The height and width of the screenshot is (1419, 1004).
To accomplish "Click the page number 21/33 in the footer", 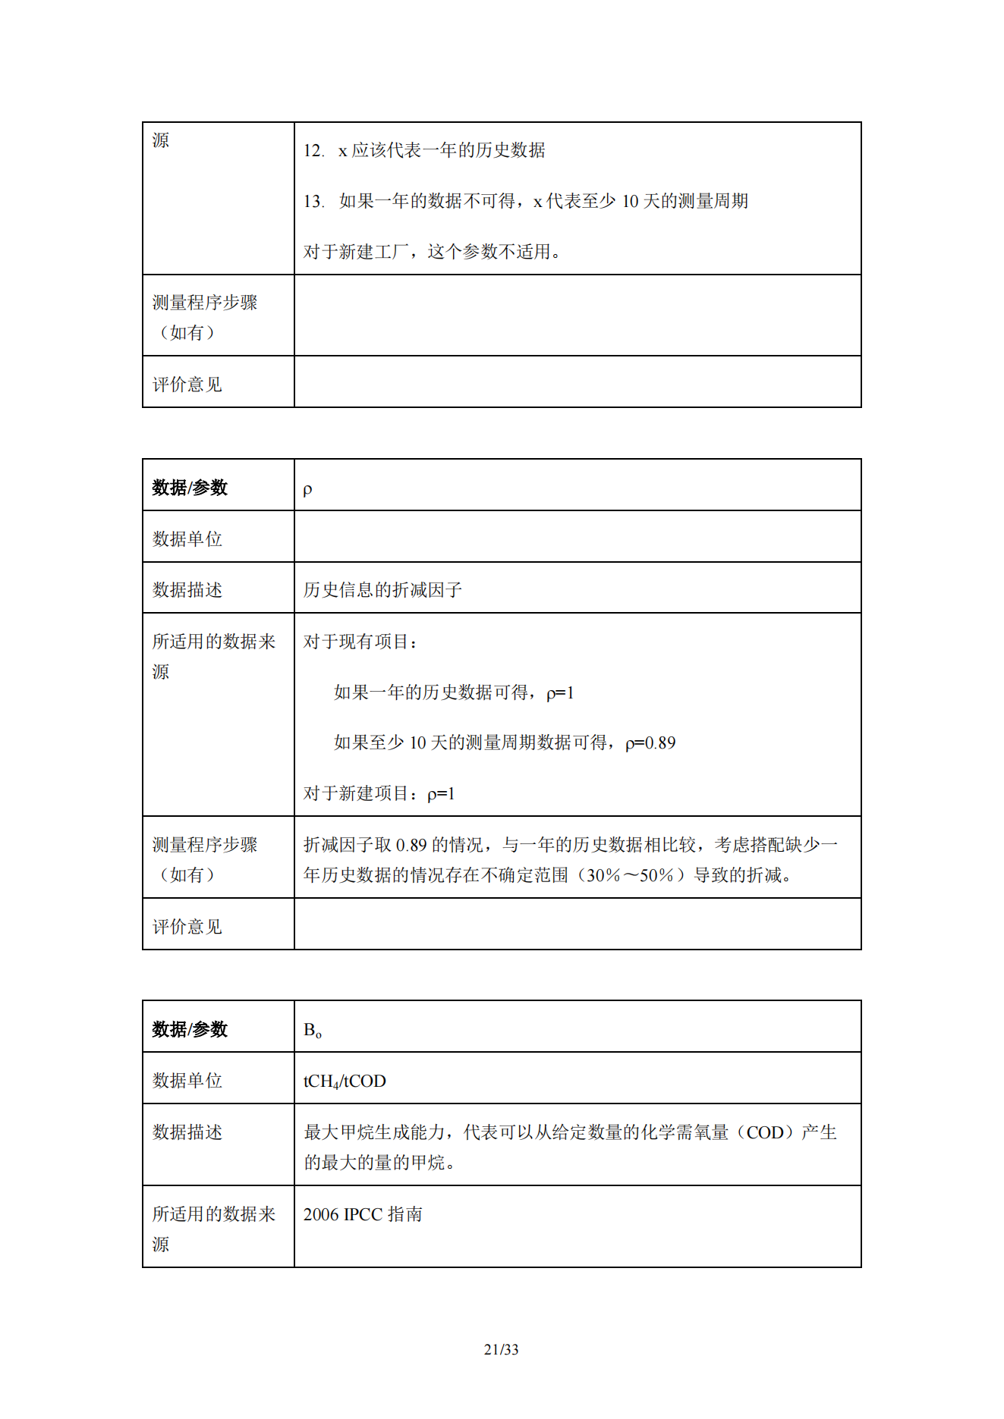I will coord(501,1349).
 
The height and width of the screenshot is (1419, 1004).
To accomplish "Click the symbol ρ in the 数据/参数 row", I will coord(307,489).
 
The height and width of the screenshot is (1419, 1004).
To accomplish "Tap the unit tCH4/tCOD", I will coord(345,1082).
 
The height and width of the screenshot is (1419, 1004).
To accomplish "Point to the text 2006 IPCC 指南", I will coord(363,1214).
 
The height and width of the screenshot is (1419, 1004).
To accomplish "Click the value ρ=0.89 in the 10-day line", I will coord(650,743).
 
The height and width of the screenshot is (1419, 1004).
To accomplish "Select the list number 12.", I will coord(313,151).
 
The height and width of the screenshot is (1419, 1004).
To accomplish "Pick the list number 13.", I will coord(313,202).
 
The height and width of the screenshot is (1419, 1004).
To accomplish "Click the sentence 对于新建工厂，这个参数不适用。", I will coord(433,252).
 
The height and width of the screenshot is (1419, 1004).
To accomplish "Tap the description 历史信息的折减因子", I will coord(382,590).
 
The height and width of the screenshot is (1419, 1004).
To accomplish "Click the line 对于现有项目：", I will coord(360,642).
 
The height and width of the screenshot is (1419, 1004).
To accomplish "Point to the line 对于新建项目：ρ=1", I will coord(379,794).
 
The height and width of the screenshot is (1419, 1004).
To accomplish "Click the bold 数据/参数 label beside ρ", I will coord(190,488).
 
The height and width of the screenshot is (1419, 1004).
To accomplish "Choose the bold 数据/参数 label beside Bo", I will coord(190,1029).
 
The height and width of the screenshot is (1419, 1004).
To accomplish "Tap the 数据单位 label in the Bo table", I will coord(187,1081).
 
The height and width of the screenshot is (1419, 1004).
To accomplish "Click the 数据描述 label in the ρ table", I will coord(187,590).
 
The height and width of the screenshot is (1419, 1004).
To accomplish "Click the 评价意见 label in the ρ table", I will coord(187,927).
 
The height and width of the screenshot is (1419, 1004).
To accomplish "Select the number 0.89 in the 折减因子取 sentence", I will coord(411,845).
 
